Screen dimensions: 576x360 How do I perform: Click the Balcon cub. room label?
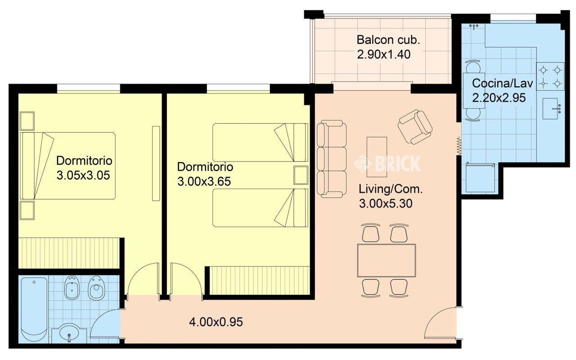pyautogui.click(x=388, y=40)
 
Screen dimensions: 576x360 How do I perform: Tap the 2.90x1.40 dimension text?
pyautogui.click(x=384, y=54)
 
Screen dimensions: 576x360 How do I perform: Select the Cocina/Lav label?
pyautogui.click(x=503, y=84)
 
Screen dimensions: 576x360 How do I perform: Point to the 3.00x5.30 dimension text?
pyautogui.click(x=386, y=204)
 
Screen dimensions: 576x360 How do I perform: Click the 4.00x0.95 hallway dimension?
pyautogui.click(x=216, y=322)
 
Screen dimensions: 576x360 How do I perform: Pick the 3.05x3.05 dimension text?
pyautogui.click(x=83, y=175)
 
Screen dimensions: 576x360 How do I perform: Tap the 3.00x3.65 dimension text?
pyautogui.click(x=204, y=182)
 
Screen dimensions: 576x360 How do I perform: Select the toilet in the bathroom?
pyautogui.click(x=96, y=288)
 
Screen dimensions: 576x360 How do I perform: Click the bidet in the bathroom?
pyautogui.click(x=72, y=288)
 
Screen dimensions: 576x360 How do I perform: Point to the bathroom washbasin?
pyautogui.click(x=69, y=333)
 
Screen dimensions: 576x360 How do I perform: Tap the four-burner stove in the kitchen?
pyautogui.click(x=550, y=76)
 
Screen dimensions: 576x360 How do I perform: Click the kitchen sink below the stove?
pyautogui.click(x=550, y=108)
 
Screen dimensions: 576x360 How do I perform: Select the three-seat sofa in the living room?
pyautogui.click(x=332, y=159)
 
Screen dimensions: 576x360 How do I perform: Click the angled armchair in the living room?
pyautogui.click(x=415, y=127)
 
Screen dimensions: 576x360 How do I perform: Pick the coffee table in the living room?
pyautogui.click(x=377, y=157)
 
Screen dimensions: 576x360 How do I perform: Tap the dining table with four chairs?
pyautogui.click(x=386, y=261)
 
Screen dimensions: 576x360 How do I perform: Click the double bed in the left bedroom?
pyautogui.click(x=67, y=166)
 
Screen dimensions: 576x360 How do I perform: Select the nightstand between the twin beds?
pyautogui.click(x=301, y=175)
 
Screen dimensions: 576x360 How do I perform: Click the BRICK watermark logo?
pyautogui.click(x=387, y=163)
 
